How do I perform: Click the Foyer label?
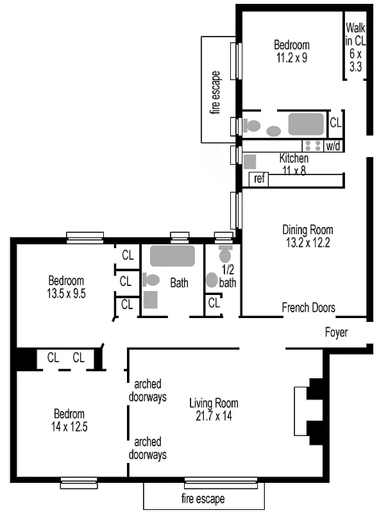(x=336, y=333)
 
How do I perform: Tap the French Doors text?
(x=308, y=308)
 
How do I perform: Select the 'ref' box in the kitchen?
(x=259, y=179)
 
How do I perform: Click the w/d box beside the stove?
(x=333, y=146)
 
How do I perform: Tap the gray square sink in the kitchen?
(x=250, y=162)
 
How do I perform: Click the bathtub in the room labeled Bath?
(x=172, y=256)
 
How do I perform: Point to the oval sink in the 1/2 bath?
(x=212, y=280)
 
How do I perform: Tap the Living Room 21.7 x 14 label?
(x=214, y=410)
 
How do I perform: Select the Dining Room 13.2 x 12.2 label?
(x=308, y=236)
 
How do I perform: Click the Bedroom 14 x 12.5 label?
(x=69, y=420)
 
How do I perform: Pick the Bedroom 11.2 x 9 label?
(x=292, y=51)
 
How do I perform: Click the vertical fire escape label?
(x=215, y=92)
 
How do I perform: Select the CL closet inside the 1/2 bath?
(x=214, y=303)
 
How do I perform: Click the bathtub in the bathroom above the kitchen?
(x=306, y=124)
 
